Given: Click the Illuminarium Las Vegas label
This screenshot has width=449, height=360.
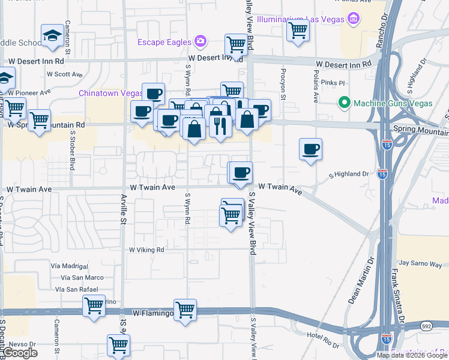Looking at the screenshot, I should tap(299, 19).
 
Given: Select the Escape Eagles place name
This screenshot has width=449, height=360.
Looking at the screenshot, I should tap(164, 42).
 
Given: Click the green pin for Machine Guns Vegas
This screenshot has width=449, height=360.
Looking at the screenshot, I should tap(343, 103).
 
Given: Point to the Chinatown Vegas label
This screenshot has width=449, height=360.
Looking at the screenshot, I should tap(110, 94).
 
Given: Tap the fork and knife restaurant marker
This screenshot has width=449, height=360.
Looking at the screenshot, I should tap(220, 127).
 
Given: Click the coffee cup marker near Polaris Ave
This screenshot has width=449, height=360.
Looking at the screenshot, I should tap(310, 149).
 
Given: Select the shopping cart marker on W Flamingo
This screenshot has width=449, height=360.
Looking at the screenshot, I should tap(185, 310).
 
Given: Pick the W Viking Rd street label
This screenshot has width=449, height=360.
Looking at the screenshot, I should tap(146, 250).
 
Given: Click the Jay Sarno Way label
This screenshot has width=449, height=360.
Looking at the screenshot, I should tap(420, 263).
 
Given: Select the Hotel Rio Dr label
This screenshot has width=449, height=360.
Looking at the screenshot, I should tap(323, 335).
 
